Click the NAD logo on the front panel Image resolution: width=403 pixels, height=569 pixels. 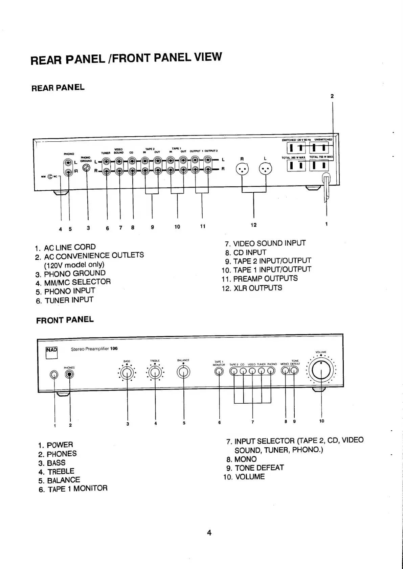(x=51, y=350)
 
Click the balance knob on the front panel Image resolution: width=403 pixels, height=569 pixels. (x=183, y=372)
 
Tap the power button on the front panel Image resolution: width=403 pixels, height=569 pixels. (x=54, y=375)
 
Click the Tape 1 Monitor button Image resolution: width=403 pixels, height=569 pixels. (x=219, y=371)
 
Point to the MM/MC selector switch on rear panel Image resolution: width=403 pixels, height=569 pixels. (x=50, y=176)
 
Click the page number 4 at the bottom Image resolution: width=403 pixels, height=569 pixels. (x=209, y=533)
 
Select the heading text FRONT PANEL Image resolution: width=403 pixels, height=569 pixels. (x=65, y=320)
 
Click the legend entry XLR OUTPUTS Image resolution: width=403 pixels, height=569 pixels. (x=258, y=288)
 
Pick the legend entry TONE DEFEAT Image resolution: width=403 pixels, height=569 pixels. (x=259, y=468)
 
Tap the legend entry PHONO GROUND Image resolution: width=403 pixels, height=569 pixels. (x=75, y=273)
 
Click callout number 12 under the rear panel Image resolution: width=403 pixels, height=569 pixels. (x=253, y=225)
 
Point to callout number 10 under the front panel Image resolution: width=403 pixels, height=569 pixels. (x=321, y=421)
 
